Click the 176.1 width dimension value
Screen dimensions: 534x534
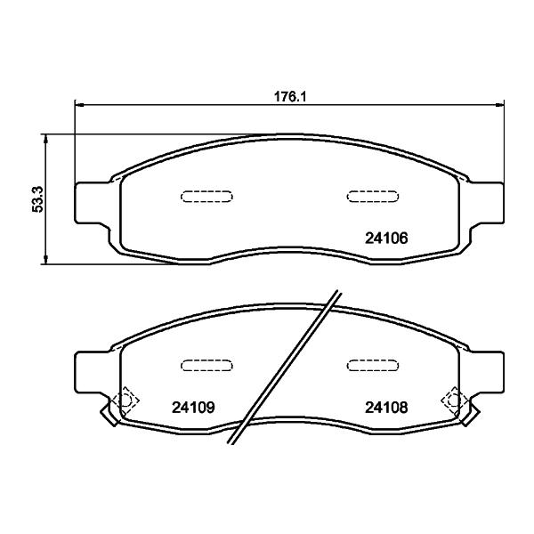pyautogui.click(x=290, y=97)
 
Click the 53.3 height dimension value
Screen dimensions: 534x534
pyautogui.click(x=37, y=199)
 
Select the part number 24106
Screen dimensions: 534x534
pyautogui.click(x=386, y=238)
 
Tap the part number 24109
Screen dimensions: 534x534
pyautogui.click(x=193, y=407)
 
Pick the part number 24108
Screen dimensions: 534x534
pyautogui.click(x=386, y=407)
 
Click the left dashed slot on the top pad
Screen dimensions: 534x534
pyautogui.click(x=206, y=197)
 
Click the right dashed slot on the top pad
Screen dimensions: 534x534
pyautogui.click(x=373, y=197)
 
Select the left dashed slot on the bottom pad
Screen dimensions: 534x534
pyautogui.click(x=206, y=366)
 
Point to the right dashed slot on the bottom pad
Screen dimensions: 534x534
pyautogui.click(x=373, y=366)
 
